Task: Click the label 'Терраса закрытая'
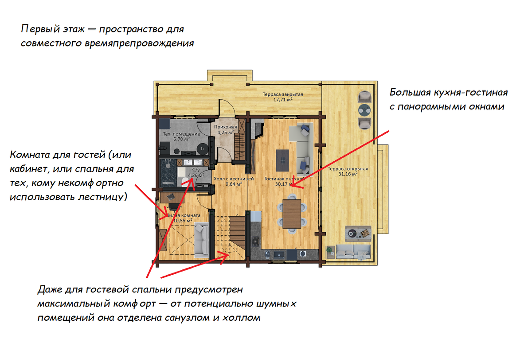(283, 94)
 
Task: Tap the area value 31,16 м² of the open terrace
(348, 174)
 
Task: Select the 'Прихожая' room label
(225, 127)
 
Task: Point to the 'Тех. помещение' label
(181, 134)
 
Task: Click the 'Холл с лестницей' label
(234, 179)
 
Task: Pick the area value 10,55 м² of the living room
(183, 221)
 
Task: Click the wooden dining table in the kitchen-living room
(292, 214)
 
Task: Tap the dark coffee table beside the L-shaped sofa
(282, 160)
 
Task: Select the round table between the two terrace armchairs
(364, 110)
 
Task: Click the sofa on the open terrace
(353, 252)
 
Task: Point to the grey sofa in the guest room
(201, 240)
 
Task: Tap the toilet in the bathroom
(185, 182)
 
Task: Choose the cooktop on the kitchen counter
(255, 241)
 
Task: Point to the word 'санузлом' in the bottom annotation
(187, 318)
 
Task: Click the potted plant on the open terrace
(329, 250)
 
